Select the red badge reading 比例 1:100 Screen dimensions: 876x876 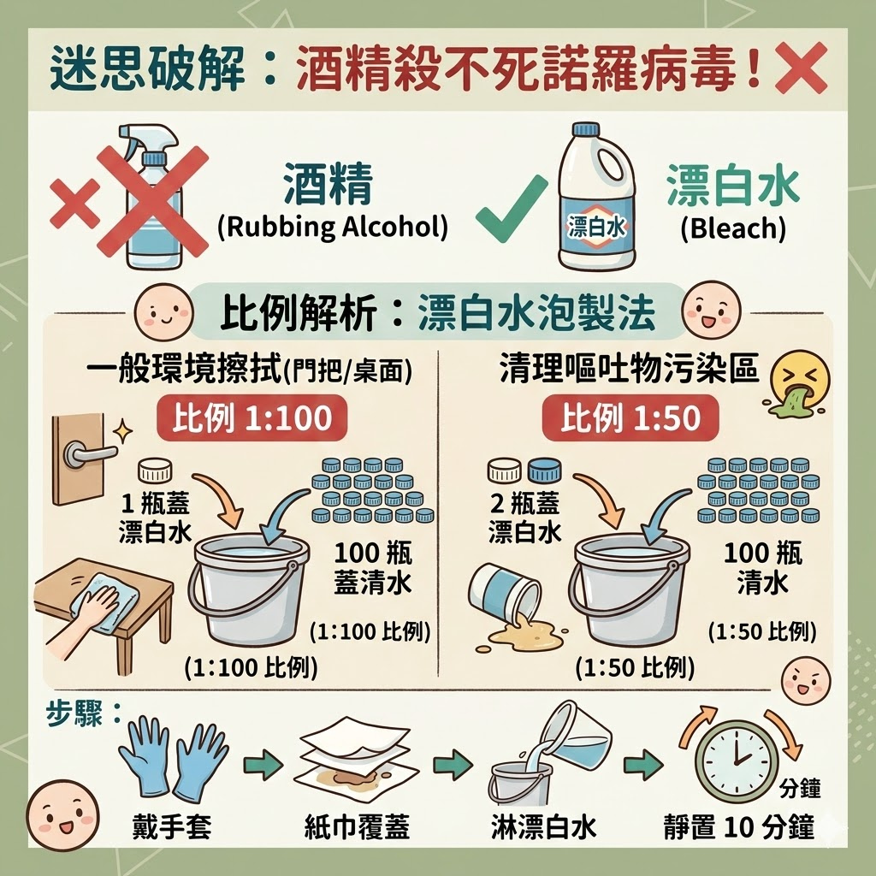252,418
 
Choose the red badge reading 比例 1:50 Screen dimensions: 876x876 630,418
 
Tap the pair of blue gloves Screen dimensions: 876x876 173,758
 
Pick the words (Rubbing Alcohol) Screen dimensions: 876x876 333,228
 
